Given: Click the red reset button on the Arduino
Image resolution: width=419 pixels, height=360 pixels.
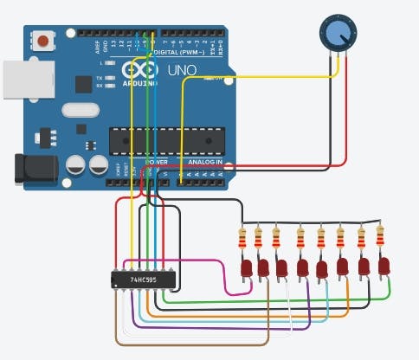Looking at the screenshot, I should click(x=41, y=40).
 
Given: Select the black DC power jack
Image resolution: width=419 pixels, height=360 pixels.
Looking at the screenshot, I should click(x=33, y=168).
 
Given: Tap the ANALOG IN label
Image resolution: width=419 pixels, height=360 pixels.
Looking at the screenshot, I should click(x=205, y=162).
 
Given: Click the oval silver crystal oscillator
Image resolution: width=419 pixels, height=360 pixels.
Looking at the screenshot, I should click(x=81, y=112).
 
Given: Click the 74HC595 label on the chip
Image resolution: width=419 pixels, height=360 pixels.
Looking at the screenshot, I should click(x=143, y=280).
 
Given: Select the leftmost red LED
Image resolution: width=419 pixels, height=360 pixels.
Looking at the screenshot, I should click(x=245, y=269).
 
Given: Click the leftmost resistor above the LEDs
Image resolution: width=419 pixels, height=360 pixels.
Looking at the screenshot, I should click(x=242, y=236).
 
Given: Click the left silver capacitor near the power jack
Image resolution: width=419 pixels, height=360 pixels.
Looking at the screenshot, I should click(x=76, y=164).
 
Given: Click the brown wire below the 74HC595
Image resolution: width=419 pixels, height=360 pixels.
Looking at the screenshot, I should click(x=190, y=344).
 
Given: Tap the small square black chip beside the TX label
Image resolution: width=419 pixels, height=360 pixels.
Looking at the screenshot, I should click(x=83, y=84).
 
